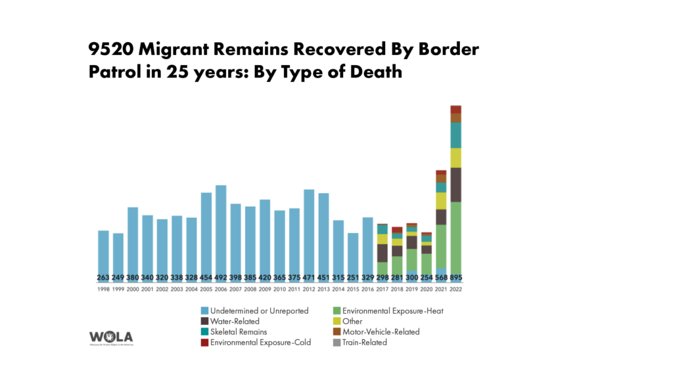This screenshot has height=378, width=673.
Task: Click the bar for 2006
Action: [221, 230]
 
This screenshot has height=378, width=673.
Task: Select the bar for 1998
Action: [103, 253]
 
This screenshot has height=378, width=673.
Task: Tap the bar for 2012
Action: [309, 233]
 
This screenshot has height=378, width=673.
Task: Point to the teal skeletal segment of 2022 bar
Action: [455, 135]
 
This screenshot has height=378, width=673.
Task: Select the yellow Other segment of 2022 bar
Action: [455, 157]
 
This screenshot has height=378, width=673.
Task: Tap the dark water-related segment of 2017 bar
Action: [383, 253]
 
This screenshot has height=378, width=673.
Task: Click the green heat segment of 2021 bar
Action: [441, 246]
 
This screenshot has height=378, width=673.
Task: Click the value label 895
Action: [455, 277]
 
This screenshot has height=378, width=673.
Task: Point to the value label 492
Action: [221, 277]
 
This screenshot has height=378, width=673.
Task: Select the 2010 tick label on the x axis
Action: [279, 289]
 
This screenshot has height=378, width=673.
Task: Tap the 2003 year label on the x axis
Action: [177, 289]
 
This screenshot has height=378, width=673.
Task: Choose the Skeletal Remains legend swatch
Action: [205, 332]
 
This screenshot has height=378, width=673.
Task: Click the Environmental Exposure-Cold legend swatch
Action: [205, 343]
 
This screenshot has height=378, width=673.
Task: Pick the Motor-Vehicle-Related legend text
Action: [381, 332]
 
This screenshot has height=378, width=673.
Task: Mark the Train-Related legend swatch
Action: [336, 343]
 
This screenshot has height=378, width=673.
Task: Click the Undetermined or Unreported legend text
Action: [260, 311]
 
